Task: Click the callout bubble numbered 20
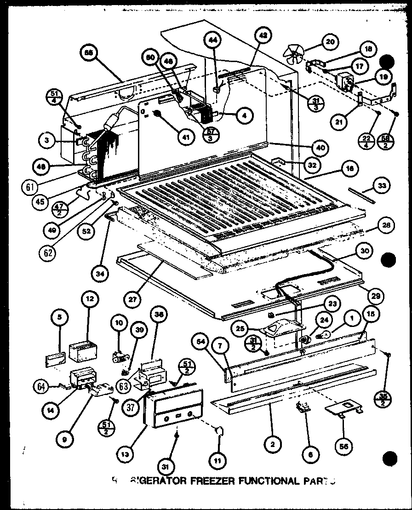(x=329, y=42)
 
